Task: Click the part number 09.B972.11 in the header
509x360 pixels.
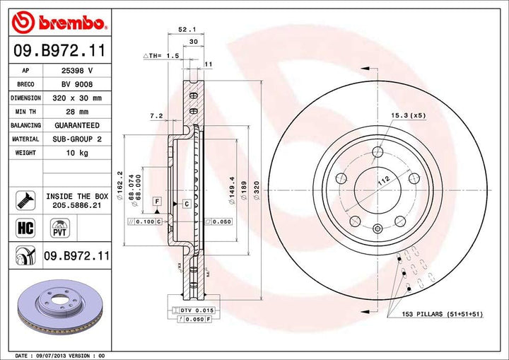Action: (x=57, y=50)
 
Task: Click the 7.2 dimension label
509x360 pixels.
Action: (x=157, y=115)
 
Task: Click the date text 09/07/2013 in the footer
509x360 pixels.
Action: (x=60, y=355)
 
